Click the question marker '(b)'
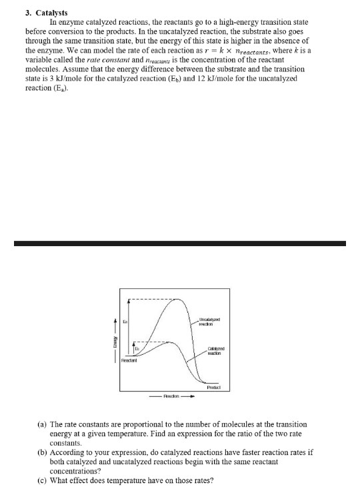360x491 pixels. (41, 452)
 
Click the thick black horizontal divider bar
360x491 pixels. (180, 243)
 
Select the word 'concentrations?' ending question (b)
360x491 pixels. (76, 470)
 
